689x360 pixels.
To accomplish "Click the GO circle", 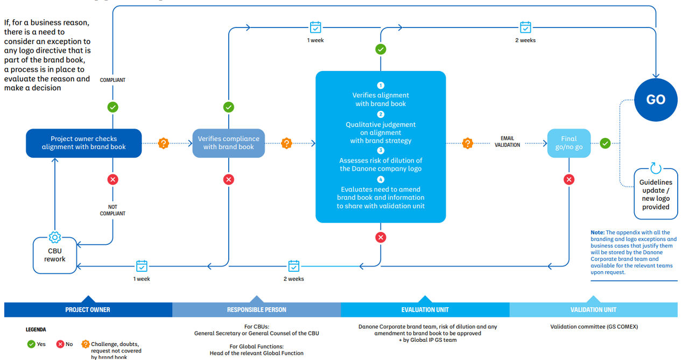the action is click(656, 100).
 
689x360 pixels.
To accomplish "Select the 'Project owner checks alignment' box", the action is click(83, 143).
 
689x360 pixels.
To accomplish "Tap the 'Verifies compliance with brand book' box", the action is click(229, 143).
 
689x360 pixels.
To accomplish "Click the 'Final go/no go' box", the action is click(569, 143).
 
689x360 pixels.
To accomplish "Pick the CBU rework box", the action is click(55, 255).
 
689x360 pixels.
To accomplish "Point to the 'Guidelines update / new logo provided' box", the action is click(656, 194).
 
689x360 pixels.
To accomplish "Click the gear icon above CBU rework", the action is click(55, 237).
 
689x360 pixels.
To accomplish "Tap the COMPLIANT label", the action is click(113, 80).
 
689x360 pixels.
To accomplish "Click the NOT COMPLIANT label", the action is click(113, 210).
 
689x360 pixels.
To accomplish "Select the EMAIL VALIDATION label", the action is click(507, 142).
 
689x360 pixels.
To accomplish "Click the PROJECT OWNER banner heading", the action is click(88, 309).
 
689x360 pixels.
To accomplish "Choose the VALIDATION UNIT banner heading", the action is click(593, 309).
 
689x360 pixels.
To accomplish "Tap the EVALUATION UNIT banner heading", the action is click(425, 309).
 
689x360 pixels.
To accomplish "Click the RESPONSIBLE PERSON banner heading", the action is click(257, 309).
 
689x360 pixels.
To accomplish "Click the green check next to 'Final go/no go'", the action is click(605, 143).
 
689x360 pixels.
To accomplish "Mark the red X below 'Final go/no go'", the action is click(569, 179).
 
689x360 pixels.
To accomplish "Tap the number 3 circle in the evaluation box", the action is click(381, 150).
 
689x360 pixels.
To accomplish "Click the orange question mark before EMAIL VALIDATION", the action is click(468, 143).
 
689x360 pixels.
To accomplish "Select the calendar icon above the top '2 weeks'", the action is click(525, 27).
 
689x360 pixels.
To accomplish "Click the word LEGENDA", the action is click(36, 329).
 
